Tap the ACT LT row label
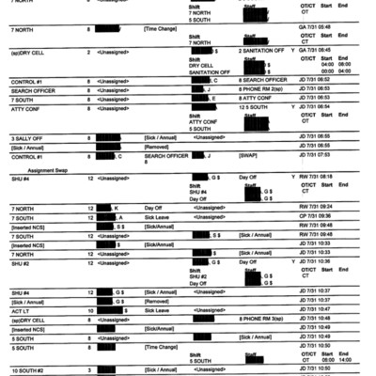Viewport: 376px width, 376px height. click(23, 309)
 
